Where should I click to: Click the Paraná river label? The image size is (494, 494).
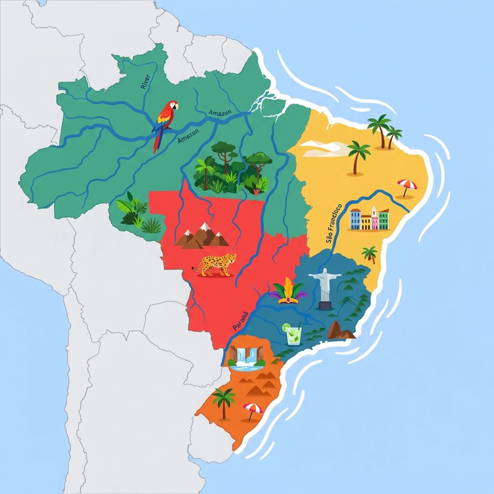click(240, 321)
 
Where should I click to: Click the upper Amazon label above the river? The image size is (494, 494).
click(220, 112)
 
